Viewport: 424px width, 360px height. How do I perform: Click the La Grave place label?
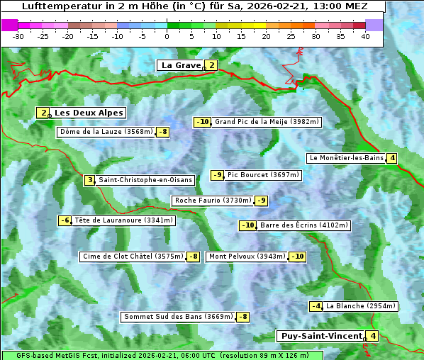(181, 65)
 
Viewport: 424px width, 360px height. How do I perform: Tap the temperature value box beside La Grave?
(211, 65)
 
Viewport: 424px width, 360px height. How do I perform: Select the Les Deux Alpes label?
(89, 113)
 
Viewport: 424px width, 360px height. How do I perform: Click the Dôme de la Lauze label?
(106, 132)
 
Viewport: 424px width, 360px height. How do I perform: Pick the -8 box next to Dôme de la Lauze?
(163, 132)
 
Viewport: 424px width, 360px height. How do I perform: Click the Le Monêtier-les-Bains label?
(345, 158)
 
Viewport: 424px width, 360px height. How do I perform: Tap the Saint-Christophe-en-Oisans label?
(145, 180)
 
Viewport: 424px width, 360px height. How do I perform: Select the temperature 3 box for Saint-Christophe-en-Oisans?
(89, 180)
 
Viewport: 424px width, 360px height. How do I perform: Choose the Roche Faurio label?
(213, 201)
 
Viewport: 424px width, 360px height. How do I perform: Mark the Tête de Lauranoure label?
(123, 220)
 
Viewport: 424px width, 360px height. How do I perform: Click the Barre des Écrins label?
(304, 225)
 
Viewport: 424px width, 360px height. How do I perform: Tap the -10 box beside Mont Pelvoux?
(297, 257)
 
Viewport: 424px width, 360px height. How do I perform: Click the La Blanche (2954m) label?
(360, 306)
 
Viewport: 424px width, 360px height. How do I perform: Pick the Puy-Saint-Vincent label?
(320, 336)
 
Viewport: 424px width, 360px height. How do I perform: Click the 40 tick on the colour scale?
(365, 35)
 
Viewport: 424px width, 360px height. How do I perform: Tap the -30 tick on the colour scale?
(18, 35)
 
